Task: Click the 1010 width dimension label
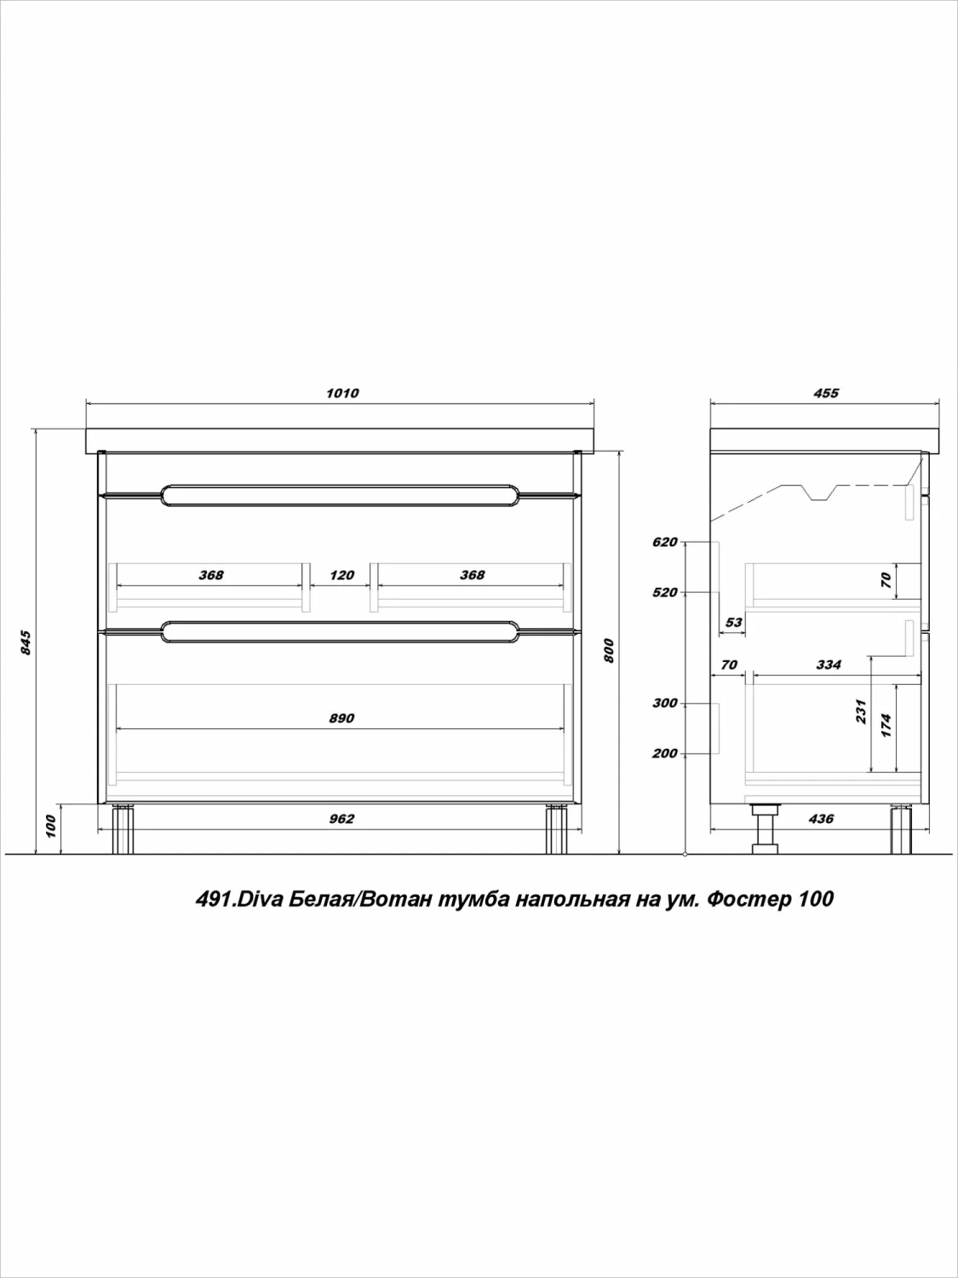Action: [x=342, y=394]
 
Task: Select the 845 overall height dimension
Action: [x=26, y=642]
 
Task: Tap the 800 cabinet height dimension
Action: [x=608, y=651]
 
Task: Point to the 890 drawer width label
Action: [x=341, y=718]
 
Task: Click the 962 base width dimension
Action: [x=341, y=820]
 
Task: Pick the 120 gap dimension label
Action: [x=341, y=575]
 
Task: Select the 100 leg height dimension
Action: [x=49, y=826]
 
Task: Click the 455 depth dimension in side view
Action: [x=826, y=394]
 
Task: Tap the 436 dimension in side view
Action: [x=821, y=820]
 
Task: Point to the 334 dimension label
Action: [x=829, y=665]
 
